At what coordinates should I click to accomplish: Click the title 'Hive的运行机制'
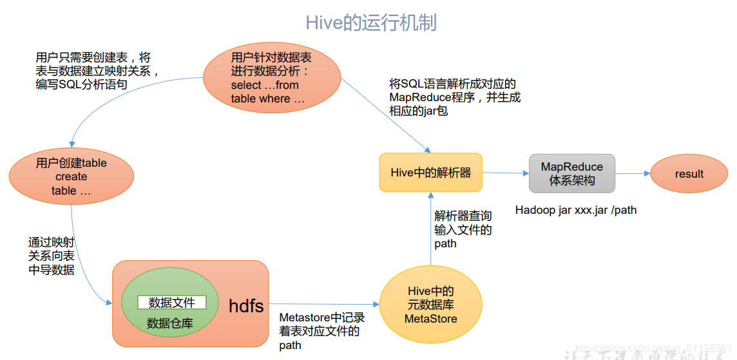(370, 23)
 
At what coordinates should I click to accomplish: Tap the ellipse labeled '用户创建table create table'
(72, 176)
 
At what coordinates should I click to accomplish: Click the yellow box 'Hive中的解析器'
(430, 173)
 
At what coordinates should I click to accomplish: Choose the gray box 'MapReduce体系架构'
(571, 173)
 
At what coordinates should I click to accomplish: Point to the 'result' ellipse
(689, 174)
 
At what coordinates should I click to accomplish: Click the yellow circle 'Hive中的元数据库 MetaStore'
(430, 305)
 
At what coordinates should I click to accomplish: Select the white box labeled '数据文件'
(171, 302)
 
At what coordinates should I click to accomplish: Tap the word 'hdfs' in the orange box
(246, 306)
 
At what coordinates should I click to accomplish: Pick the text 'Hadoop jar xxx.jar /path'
(575, 210)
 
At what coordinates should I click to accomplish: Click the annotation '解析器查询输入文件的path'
(463, 230)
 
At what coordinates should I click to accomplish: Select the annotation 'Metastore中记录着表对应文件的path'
(321, 331)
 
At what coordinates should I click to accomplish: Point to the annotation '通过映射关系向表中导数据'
(51, 256)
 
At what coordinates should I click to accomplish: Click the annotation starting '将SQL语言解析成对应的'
(454, 97)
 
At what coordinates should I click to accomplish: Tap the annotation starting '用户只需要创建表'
(97, 71)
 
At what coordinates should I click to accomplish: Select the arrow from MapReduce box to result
(632, 173)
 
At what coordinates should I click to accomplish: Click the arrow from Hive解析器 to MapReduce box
(505, 173)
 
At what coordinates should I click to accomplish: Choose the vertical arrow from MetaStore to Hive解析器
(430, 229)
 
